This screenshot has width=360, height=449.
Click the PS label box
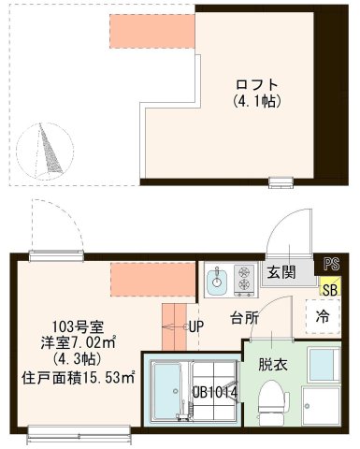(x=330, y=264)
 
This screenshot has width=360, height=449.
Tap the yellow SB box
(x=330, y=288)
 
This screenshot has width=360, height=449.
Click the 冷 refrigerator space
(x=323, y=314)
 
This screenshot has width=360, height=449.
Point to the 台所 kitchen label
(x=245, y=318)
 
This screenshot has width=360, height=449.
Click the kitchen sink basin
(x=219, y=278)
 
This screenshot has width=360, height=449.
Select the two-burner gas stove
(x=245, y=278)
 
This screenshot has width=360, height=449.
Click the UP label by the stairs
(x=196, y=326)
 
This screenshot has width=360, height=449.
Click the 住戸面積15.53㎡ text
(x=79, y=378)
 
